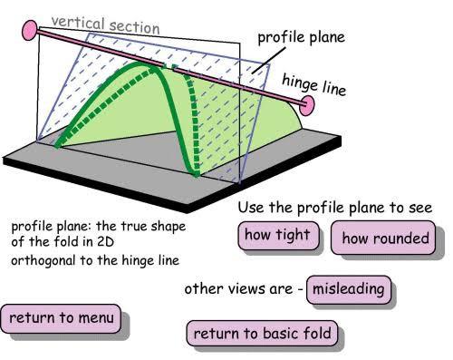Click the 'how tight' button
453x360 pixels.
pos(277,236)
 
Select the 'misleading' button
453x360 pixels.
pos(349,290)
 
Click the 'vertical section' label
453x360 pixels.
pos(105,24)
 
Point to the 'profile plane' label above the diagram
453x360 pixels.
pos(302,38)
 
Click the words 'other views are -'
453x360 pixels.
pos(243,290)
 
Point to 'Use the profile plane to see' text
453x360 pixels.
pos(335,209)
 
